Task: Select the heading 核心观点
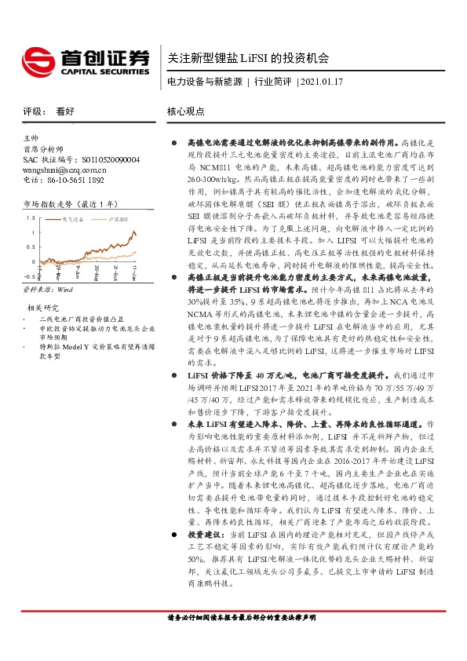[x=184, y=111]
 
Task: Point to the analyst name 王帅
[x=32, y=138]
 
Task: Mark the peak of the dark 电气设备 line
[x=134, y=231]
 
